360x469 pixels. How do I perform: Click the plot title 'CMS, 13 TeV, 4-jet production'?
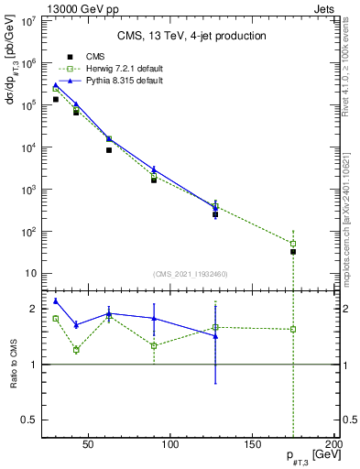click(x=191, y=36)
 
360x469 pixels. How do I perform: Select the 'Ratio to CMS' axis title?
click(x=14, y=365)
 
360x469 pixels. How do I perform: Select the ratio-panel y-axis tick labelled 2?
click(x=35, y=309)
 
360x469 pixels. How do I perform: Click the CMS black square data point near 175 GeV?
click(x=293, y=251)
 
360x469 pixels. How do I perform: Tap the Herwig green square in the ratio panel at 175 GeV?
click(x=293, y=329)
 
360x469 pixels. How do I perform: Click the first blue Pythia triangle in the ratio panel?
click(x=56, y=300)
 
